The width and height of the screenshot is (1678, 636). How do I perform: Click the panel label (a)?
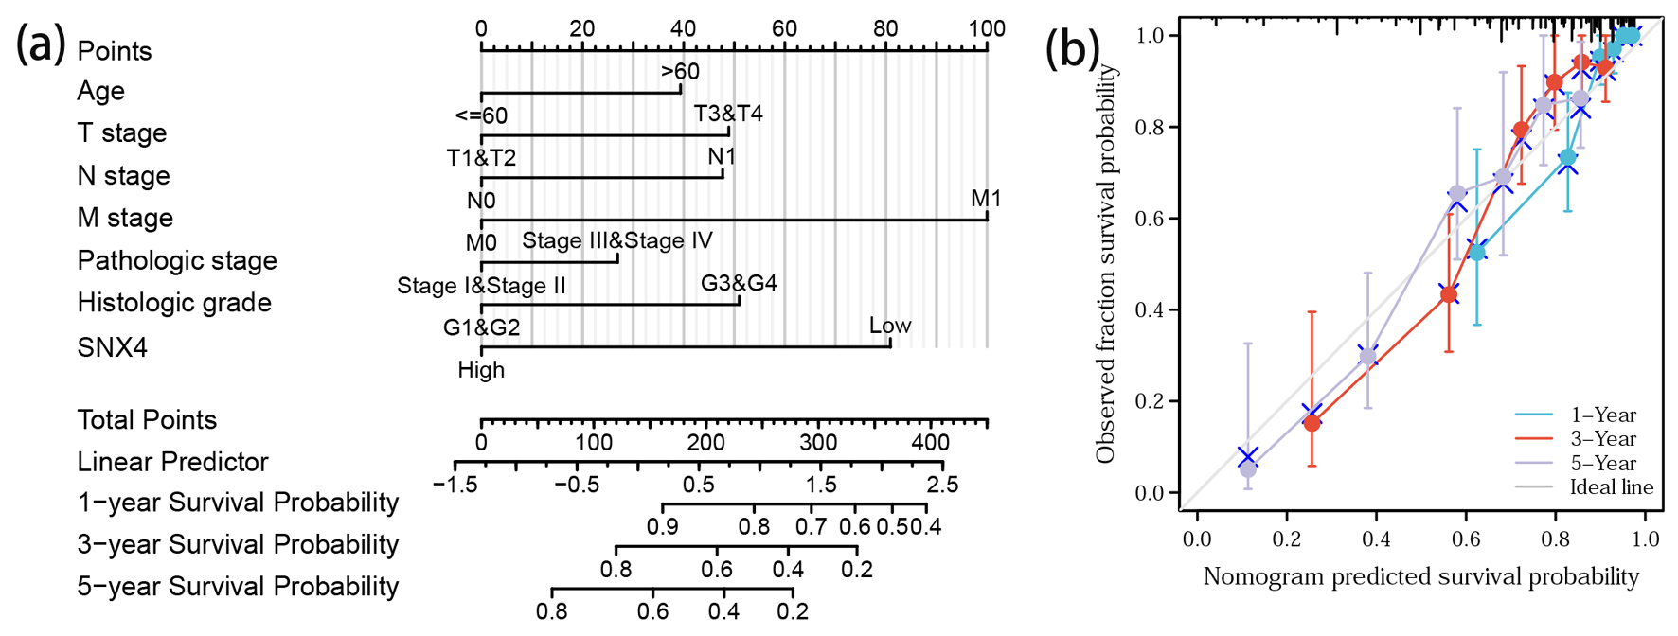pos(40,44)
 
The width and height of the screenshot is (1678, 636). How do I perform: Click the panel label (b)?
pos(1071,47)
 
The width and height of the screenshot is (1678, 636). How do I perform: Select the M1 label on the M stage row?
pos(986,199)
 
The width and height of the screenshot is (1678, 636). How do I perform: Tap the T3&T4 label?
pos(728,114)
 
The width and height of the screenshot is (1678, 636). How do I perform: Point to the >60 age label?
pos(680,72)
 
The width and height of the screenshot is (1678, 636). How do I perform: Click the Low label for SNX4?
pos(890,326)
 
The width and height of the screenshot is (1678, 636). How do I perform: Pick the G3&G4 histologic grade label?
pos(739,283)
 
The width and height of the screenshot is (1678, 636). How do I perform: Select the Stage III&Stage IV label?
pos(617,240)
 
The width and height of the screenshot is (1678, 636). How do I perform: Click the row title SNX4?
pos(112,347)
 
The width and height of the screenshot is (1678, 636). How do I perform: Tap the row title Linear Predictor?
pos(172,462)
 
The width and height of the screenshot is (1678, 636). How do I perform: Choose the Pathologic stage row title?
pos(177,260)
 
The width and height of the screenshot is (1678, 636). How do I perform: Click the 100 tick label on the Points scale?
pos(987,28)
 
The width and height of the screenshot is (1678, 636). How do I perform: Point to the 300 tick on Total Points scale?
pos(818,442)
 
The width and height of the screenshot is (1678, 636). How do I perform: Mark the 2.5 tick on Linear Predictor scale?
pos(942,485)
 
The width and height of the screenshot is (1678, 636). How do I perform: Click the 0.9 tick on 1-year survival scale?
pos(662,526)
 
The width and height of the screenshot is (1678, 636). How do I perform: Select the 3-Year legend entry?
pos(1602,439)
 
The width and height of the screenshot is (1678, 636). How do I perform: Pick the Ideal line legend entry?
pos(1611,487)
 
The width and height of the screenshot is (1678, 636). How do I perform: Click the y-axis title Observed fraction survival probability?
pos(1104,265)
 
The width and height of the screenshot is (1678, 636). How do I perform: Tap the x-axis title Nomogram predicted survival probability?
pos(1420,576)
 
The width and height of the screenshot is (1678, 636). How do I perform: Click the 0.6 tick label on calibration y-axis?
pos(1150,219)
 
